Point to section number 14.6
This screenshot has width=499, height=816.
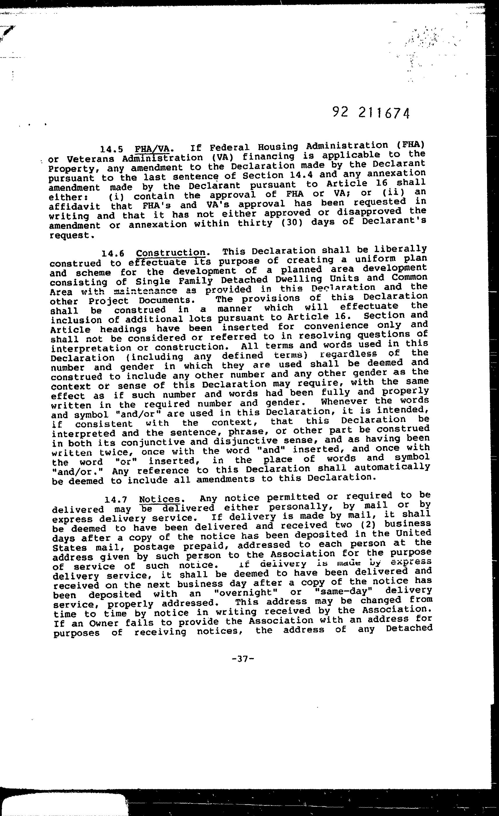[x=113, y=254]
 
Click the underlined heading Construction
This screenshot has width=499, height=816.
[x=171, y=253]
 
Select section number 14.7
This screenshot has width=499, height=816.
[x=116, y=500]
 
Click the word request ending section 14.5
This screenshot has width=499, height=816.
[x=71, y=236]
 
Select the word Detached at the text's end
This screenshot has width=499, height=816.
[x=409, y=628]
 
